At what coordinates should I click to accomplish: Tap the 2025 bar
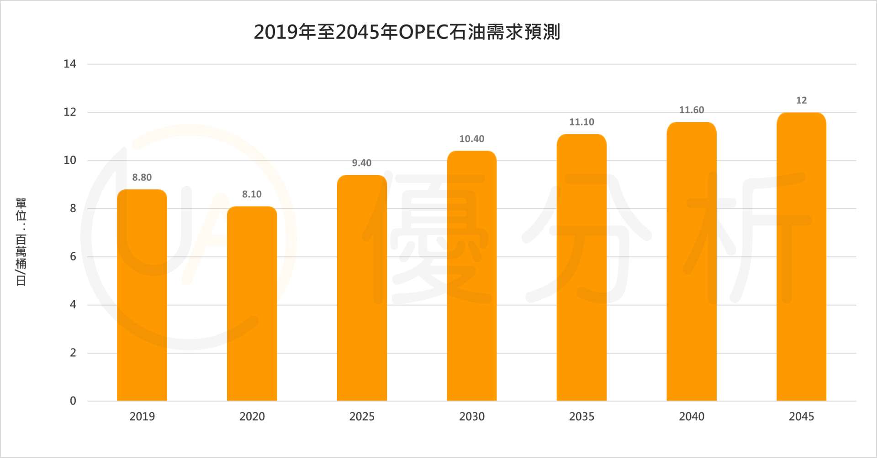point(362,288)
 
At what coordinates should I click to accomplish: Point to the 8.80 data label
point(142,177)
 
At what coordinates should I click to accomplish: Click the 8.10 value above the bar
point(252,194)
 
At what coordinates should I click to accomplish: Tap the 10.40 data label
point(471,139)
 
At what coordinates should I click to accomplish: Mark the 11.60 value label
point(692,110)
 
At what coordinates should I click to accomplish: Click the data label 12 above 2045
point(801,100)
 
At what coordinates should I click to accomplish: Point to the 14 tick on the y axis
point(70,64)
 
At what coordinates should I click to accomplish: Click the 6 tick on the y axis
point(73,256)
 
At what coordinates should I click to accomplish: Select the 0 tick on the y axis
point(73,401)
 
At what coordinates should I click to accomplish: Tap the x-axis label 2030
point(471,416)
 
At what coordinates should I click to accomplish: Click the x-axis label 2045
point(801,416)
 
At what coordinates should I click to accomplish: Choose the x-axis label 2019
point(142,416)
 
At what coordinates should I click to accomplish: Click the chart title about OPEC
point(407,32)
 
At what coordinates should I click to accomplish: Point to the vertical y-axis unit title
point(21,242)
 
